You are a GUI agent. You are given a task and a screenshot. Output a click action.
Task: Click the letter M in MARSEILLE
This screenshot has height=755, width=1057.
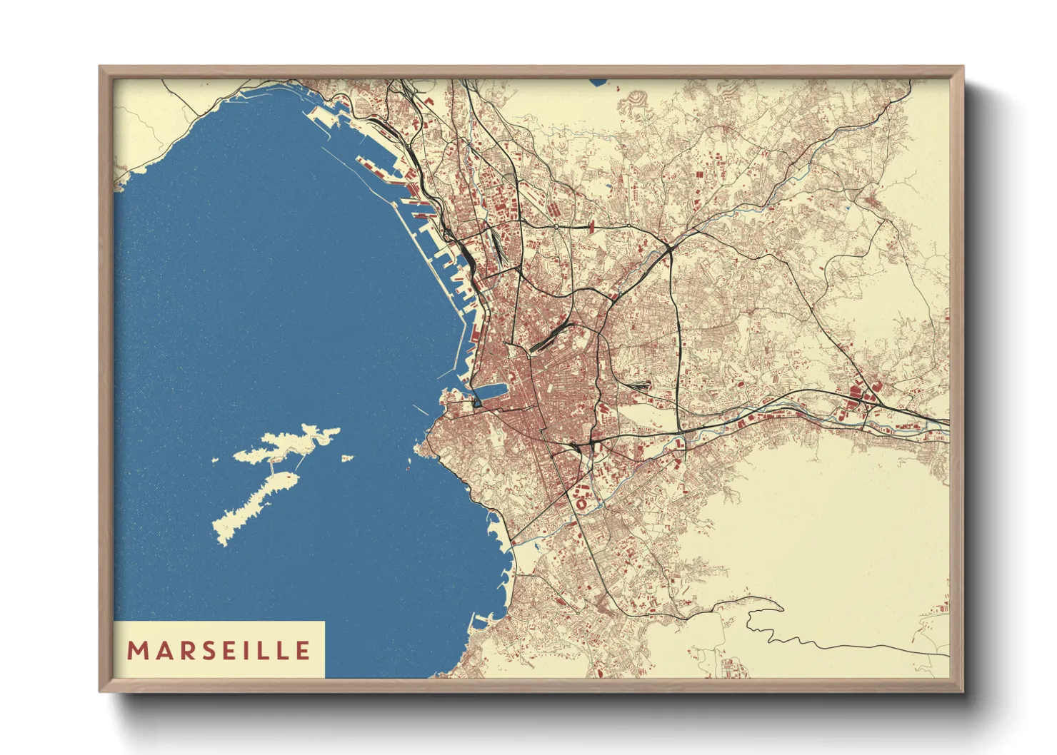click(136, 651)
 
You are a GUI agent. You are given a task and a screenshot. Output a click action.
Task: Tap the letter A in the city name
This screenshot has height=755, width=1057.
click(161, 651)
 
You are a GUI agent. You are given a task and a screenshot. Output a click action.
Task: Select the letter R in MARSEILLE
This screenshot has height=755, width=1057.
click(183, 651)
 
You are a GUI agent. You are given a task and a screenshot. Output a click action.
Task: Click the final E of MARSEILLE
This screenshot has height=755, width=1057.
click(304, 651)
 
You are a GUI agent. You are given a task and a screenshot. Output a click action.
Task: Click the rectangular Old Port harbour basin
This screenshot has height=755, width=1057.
click(490, 392)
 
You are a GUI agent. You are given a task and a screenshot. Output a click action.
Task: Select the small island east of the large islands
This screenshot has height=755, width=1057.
click(347, 458)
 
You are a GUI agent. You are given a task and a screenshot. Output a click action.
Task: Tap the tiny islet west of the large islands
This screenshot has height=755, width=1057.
click(214, 460)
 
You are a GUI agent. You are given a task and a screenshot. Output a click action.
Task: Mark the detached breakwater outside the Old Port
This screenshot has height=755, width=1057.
click(421, 410)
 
